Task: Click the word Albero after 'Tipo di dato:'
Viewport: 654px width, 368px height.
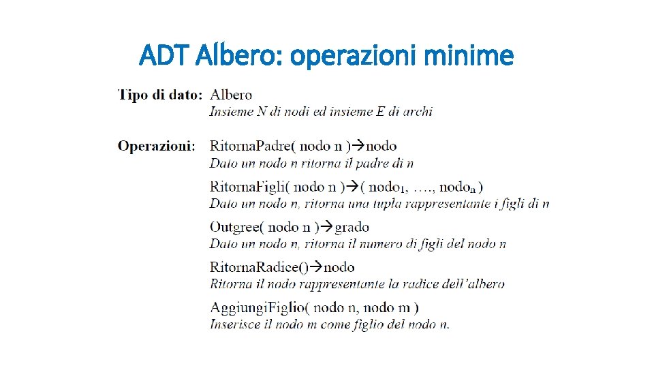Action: [x=231, y=95]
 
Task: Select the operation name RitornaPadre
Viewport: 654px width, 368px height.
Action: [x=249, y=146]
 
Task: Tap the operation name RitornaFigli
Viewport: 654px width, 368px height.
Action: [x=247, y=186]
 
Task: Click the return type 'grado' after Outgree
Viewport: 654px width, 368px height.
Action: [x=352, y=227]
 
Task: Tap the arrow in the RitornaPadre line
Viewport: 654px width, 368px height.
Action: [x=361, y=146]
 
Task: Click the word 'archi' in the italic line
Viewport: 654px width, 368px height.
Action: [x=418, y=111]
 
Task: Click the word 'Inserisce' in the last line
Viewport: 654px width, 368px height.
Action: [x=234, y=324]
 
